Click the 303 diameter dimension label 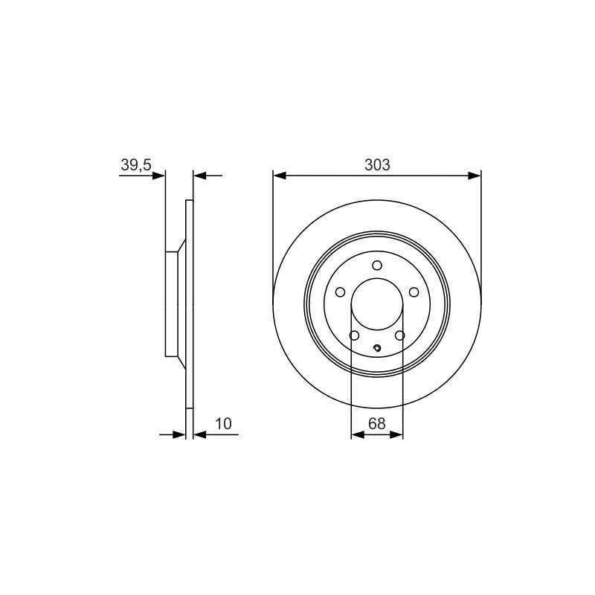pos(377,164)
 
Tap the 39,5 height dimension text pos(136,165)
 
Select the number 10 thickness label pos(223,423)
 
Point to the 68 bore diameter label pos(377,423)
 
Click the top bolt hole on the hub pos(377,266)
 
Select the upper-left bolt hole pos(341,292)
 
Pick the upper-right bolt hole pos(414,292)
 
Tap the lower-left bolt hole pos(354,335)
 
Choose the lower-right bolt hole pos(400,335)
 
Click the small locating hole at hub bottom pos(377,348)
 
